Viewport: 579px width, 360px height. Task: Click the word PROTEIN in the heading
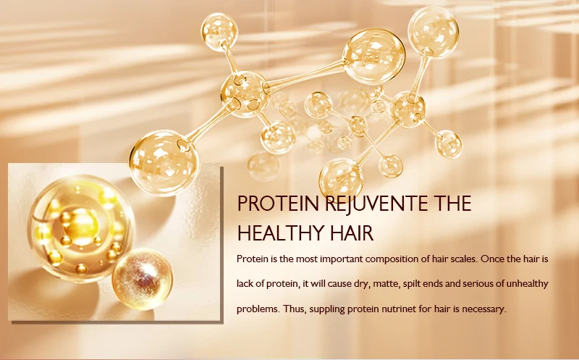[x=269, y=204]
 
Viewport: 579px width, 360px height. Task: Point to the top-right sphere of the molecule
[x=434, y=30]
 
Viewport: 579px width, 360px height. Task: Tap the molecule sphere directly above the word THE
[x=449, y=143]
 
